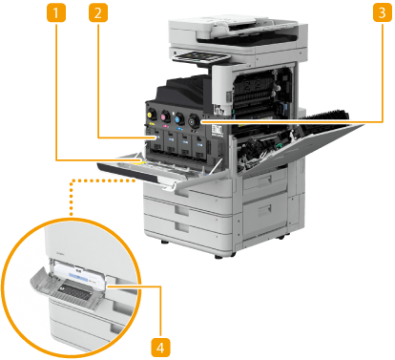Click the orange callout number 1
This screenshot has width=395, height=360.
(x=56, y=13)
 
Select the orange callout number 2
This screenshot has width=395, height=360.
(x=98, y=13)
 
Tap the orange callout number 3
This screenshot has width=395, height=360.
(x=383, y=13)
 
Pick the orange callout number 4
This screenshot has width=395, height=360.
(x=160, y=348)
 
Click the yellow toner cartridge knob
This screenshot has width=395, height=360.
(x=151, y=114)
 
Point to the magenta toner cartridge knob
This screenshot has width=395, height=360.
(x=165, y=116)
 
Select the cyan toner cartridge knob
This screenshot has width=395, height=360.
(x=179, y=118)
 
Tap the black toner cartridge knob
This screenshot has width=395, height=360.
(x=194, y=121)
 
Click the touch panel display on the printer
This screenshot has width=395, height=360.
(x=200, y=57)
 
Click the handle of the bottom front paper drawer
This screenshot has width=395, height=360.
(x=182, y=227)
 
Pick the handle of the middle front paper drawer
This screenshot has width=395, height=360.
(x=182, y=210)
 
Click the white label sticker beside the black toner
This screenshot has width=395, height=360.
(x=218, y=130)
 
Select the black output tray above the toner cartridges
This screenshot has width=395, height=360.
(x=184, y=88)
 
